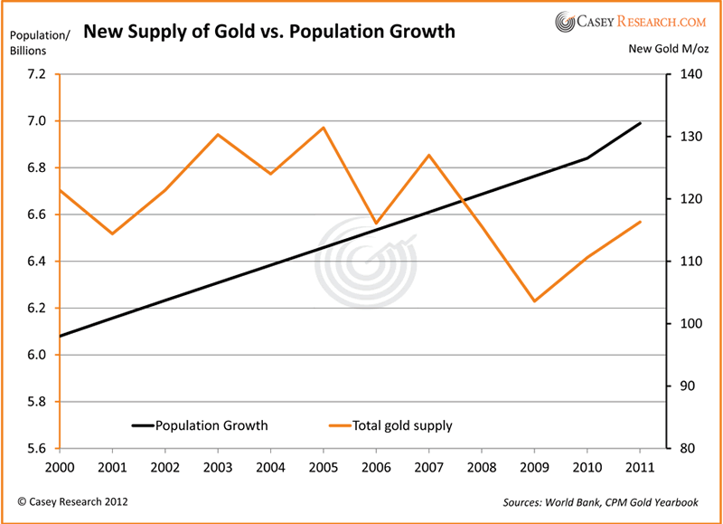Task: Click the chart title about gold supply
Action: (x=269, y=33)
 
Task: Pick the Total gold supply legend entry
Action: (x=390, y=424)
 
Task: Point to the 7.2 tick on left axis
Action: (x=35, y=74)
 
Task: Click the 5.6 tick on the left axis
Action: (x=35, y=448)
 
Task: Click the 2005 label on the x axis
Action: (x=323, y=469)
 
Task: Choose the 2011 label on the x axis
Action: (x=641, y=469)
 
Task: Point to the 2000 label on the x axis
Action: (x=59, y=469)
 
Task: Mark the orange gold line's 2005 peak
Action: (x=323, y=128)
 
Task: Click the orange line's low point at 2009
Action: (x=535, y=300)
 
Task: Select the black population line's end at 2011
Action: (x=641, y=123)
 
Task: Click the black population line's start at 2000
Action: (x=60, y=336)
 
